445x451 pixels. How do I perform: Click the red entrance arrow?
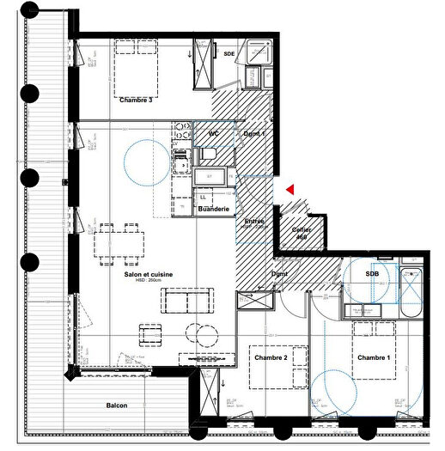(x=291, y=189)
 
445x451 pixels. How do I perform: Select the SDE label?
(x=229, y=54)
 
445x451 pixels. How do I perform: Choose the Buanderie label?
(x=212, y=209)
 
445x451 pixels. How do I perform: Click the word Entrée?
(x=255, y=222)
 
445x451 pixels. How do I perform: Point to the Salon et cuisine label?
(x=149, y=274)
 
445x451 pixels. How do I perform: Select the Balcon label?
(x=117, y=406)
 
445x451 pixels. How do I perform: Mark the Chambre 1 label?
(x=373, y=357)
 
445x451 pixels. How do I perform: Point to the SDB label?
(x=371, y=274)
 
